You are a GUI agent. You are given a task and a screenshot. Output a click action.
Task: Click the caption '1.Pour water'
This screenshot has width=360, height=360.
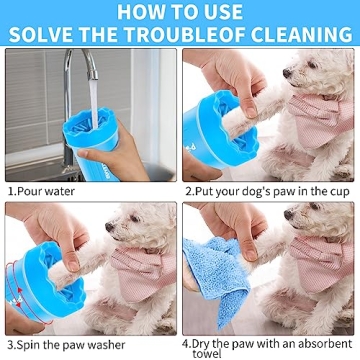click(x=42, y=189)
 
